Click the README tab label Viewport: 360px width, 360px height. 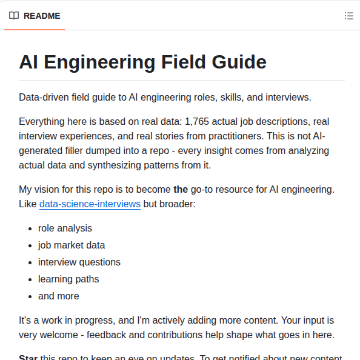click(x=42, y=16)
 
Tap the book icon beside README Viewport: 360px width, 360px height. click(x=14, y=16)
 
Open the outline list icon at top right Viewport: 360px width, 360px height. click(x=348, y=16)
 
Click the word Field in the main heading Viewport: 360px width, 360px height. click(x=188, y=62)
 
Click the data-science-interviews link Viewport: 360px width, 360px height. click(x=90, y=204)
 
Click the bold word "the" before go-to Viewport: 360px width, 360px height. click(x=181, y=190)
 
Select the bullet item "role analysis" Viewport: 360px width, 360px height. click(x=65, y=228)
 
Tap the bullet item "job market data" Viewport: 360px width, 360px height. click(x=72, y=245)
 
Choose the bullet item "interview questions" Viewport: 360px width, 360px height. click(x=79, y=262)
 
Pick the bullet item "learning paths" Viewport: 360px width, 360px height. click(x=68, y=279)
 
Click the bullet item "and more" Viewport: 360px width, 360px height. click(x=58, y=296)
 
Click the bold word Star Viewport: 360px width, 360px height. click(x=28, y=358)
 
